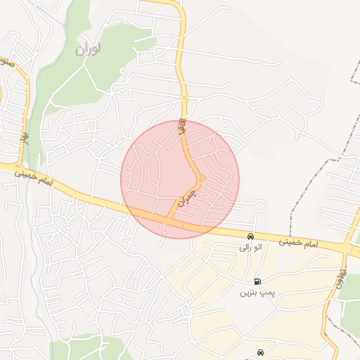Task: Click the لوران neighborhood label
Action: (88, 50)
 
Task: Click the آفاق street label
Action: (181, 128)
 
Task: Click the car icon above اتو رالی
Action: (250, 236)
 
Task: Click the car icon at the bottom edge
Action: (260, 352)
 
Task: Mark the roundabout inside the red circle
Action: (201, 180)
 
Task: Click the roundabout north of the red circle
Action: (185, 97)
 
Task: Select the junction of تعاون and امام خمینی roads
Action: (347, 248)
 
